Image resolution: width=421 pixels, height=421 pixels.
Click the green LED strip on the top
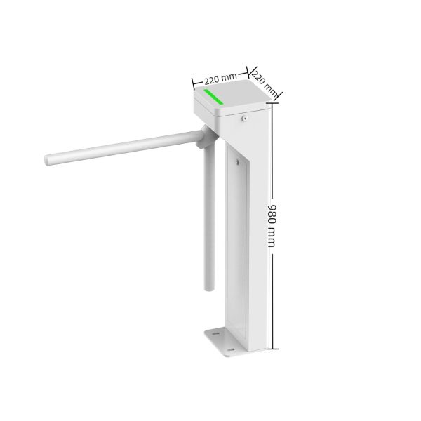[213, 96]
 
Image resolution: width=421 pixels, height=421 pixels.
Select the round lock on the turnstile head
[243, 119]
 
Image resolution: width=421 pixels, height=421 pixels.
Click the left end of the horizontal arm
[48, 161]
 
